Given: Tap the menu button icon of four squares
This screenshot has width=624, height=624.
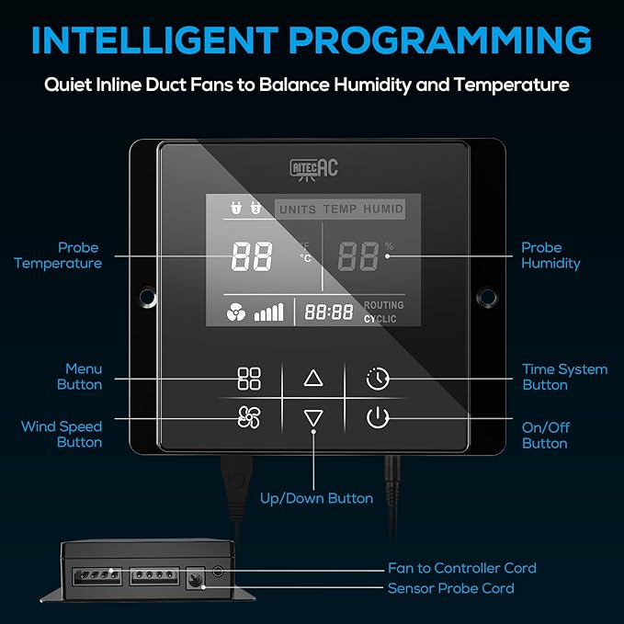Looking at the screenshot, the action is click(249, 378).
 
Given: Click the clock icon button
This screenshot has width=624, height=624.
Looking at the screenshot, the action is click(378, 379).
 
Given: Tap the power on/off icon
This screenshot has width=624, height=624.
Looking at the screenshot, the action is click(378, 418).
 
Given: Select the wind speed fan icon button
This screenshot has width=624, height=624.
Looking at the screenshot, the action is click(249, 417).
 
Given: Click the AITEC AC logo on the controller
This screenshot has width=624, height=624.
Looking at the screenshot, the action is click(314, 170).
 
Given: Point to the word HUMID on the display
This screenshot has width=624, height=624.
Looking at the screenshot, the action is click(383, 209).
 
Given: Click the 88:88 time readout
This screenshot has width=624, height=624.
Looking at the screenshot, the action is click(329, 312).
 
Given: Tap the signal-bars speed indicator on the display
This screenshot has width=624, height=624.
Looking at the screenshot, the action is click(269, 312).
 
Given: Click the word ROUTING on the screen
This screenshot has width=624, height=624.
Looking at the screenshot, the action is click(383, 305).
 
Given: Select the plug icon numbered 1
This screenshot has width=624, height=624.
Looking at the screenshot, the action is click(236, 208).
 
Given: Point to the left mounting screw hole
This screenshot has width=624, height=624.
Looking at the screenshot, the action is click(147, 297).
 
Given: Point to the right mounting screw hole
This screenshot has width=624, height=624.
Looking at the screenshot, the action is click(486, 297).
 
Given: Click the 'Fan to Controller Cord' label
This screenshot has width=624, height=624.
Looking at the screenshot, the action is click(462, 568).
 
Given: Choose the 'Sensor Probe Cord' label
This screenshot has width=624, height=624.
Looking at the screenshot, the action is click(451, 588).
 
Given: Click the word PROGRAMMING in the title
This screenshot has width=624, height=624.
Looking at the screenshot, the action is click(440, 40).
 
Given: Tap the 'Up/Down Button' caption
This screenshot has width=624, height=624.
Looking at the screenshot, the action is click(316, 498).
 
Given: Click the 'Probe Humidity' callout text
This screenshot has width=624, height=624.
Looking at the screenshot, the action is click(550, 255).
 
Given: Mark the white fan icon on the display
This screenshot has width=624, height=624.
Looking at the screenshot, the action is click(236, 312).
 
